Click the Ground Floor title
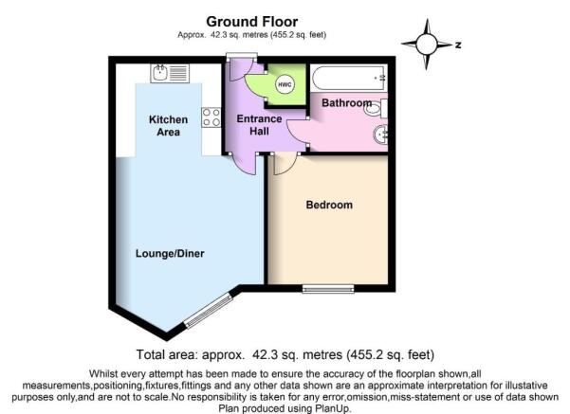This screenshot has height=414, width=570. tap(252, 22)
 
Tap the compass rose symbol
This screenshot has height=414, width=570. tap(427, 45)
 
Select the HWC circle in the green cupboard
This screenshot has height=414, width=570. tap(285, 84)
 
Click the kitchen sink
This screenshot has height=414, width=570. tap(170, 73)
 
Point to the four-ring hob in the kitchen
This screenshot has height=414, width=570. tap(211, 117)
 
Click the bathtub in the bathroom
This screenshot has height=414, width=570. tap(349, 78)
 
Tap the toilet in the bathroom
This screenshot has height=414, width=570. tap(376, 108)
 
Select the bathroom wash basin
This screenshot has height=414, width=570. tap(380, 135)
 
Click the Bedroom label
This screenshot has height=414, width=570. tap(329, 205)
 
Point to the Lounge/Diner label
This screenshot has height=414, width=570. tap(170, 253)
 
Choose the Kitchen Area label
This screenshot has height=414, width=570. tap(168, 126)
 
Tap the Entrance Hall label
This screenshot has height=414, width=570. tap(259, 124)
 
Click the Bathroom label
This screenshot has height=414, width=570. tap(346, 102)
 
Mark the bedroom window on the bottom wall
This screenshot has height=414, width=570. tap(328, 288)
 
